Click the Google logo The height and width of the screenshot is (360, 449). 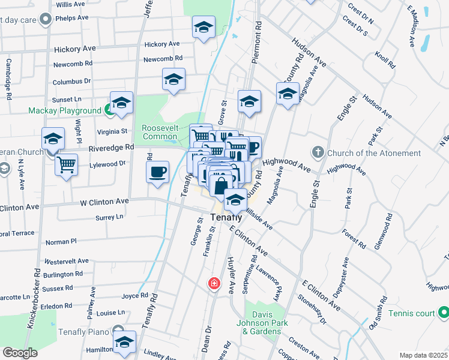[20, 353]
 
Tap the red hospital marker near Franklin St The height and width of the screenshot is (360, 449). [213, 283]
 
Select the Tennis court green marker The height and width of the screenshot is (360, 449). [443, 313]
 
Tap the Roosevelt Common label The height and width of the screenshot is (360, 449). [160, 132]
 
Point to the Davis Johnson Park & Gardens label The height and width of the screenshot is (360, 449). [265, 323]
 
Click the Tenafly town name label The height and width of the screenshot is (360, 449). [226, 217]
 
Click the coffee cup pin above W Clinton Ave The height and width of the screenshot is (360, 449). [158, 172]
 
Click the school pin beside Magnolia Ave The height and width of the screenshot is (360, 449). [288, 93]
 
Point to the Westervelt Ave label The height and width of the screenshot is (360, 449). [67, 262]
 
